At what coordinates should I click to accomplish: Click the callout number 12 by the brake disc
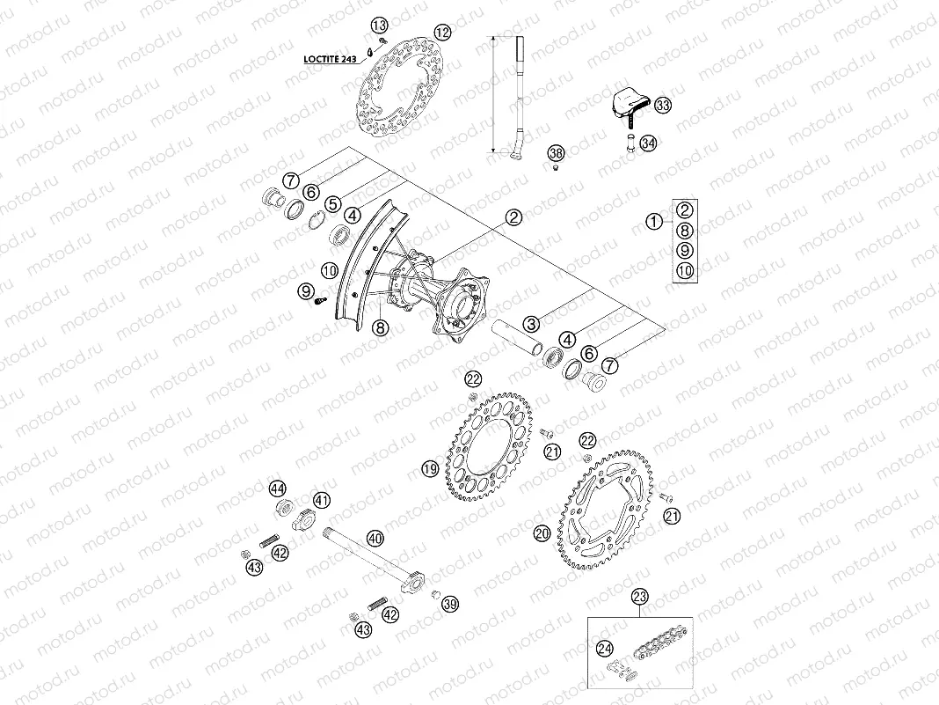pos(442,32)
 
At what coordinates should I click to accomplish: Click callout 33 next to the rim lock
pos(662,106)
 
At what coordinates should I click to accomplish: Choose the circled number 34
pos(648,143)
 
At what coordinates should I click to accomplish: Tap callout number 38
pos(555,153)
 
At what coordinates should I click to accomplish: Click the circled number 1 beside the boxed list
pos(653,222)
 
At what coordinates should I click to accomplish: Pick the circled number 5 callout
pos(332,203)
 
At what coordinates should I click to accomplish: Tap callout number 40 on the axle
pos(375,538)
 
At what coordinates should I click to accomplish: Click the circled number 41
pos(322,501)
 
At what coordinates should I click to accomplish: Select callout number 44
pos(278,488)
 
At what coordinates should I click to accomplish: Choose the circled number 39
pos(450,604)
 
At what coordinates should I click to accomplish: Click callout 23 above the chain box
pos(640,596)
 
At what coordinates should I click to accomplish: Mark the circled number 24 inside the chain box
pos(603,649)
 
